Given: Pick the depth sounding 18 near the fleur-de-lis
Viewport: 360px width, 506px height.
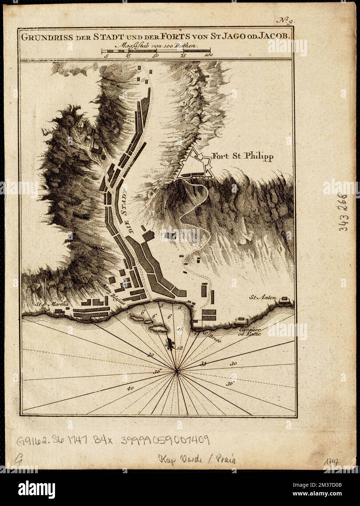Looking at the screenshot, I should [x=179, y=348].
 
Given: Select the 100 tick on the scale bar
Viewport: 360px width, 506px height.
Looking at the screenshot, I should [x=208, y=56].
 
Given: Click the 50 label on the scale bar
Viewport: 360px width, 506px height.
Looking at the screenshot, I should [x=156, y=56].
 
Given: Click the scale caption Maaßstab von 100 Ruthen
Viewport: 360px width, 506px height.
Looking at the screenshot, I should [x=155, y=46].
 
